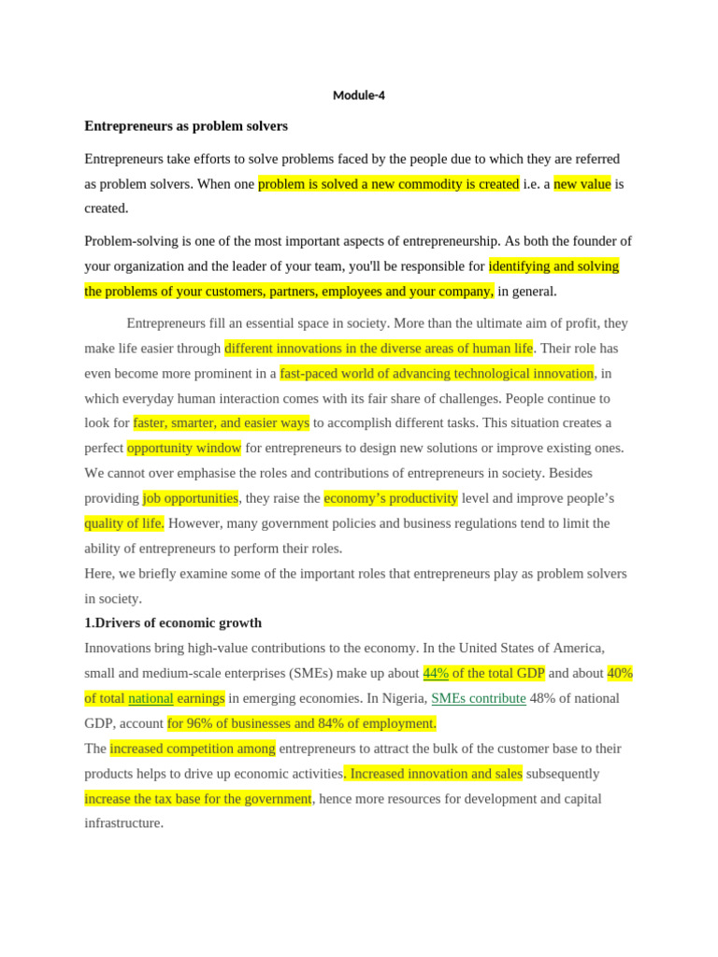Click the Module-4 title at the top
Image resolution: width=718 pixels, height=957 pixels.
(359, 95)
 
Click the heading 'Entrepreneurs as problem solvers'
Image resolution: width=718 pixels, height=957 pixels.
(186, 126)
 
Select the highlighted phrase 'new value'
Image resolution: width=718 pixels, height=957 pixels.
(582, 184)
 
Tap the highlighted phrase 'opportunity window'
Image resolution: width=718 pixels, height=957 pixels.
(184, 448)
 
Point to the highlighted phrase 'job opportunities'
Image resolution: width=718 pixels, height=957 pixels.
(191, 498)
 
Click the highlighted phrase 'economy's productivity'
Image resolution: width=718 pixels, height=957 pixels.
(391, 498)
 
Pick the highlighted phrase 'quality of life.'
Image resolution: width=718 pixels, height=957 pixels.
(124, 523)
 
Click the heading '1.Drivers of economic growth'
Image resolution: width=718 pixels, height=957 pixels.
(173, 623)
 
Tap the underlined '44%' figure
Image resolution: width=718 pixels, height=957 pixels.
(436, 673)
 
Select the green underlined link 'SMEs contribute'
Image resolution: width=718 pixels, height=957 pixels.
(478, 698)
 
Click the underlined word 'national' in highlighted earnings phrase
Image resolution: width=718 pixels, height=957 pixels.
(151, 698)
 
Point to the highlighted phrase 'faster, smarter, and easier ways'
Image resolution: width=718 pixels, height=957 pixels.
(222, 423)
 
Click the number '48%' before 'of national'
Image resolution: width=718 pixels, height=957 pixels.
(544, 698)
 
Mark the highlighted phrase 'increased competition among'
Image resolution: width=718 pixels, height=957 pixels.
(193, 749)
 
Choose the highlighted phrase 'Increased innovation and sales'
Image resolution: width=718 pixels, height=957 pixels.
(436, 774)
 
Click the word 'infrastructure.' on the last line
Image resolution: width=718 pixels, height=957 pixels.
(124, 823)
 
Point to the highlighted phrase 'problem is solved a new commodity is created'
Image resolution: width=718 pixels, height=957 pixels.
(388, 184)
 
